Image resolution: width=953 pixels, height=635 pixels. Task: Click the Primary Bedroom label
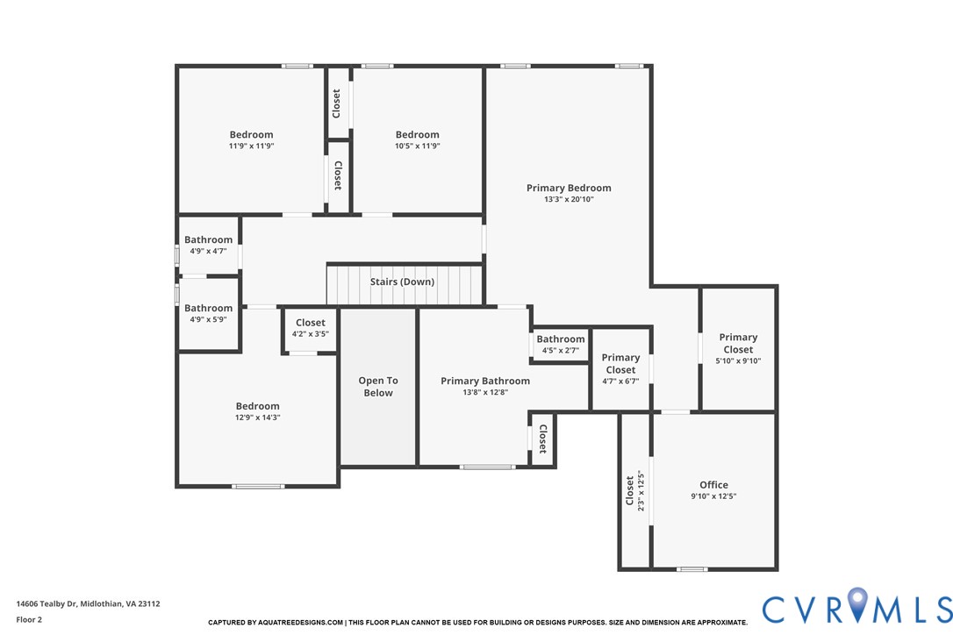(x=569, y=188)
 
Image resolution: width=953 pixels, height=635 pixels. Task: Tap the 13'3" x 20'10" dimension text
(x=569, y=199)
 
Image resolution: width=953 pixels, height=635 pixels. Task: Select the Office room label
(x=713, y=485)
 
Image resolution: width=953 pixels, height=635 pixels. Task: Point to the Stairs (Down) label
(x=402, y=282)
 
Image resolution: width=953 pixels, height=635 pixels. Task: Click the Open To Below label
(x=378, y=387)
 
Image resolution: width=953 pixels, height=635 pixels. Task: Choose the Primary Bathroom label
(x=485, y=381)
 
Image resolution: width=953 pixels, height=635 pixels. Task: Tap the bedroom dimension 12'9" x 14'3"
(x=258, y=417)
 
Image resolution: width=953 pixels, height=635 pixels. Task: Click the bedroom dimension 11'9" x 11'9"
(x=252, y=146)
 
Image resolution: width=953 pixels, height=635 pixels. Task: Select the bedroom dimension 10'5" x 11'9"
(x=417, y=146)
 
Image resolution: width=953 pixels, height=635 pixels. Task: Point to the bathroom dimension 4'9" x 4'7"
(x=208, y=251)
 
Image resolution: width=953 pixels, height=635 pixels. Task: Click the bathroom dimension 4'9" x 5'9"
(x=208, y=319)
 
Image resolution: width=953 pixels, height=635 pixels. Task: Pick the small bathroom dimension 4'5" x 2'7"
(x=560, y=351)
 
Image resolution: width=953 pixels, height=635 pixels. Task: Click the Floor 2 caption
(x=29, y=619)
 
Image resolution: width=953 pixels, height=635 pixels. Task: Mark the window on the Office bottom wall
(x=691, y=569)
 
